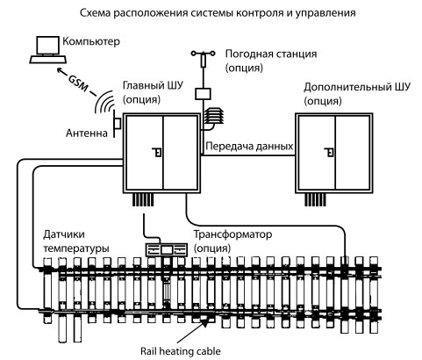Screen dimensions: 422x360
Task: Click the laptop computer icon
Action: (48, 50)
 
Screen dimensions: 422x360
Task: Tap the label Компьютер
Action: (91, 41)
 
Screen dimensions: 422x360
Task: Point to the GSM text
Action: (78, 83)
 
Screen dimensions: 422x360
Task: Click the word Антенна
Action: (87, 133)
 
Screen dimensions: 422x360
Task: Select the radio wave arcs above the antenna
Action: (103, 103)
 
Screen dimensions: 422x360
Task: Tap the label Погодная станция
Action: (271, 54)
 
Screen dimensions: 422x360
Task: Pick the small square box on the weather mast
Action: (203, 94)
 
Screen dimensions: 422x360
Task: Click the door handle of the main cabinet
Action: (158, 152)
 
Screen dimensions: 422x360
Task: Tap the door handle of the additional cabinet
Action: (330, 152)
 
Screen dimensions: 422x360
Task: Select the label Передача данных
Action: (249, 146)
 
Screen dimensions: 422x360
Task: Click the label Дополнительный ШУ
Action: (357, 87)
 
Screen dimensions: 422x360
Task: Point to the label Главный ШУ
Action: (153, 85)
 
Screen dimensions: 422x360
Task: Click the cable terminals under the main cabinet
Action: (143, 200)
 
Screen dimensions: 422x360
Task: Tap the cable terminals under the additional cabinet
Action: (315, 200)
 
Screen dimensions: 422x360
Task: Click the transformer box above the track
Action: (167, 249)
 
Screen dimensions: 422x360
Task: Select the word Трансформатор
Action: (233, 234)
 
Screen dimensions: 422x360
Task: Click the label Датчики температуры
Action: (76, 241)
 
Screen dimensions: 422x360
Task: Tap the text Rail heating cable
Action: (181, 351)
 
